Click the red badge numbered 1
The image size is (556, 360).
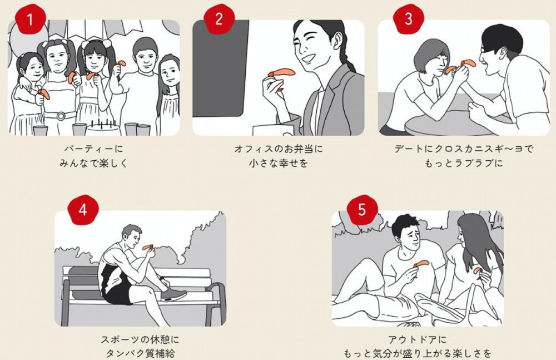(30, 19)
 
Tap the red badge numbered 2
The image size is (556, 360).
(219, 19)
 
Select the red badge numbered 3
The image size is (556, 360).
(409, 19)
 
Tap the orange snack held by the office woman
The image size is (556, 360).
(282, 73)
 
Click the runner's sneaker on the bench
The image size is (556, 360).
(173, 294)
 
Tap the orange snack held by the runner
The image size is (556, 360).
(147, 247)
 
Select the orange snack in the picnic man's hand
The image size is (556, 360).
(421, 264)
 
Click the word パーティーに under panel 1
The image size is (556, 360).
(94, 149)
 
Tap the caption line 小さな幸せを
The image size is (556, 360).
(279, 164)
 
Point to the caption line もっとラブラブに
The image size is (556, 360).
(464, 164)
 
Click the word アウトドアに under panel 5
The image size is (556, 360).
(418, 340)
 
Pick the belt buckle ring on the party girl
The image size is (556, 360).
(61, 116)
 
